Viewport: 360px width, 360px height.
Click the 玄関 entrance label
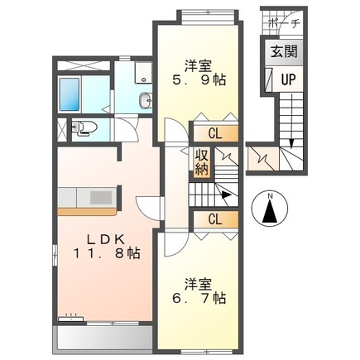coord(284,51)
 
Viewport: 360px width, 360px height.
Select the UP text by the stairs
coord(288,79)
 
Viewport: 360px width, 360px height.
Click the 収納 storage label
coord(201,162)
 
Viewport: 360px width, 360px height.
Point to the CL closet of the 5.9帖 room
coord(215,134)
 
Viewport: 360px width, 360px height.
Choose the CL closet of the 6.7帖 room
coord(215,219)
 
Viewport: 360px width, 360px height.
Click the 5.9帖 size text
coord(199,80)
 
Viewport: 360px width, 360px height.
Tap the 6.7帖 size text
coord(199,298)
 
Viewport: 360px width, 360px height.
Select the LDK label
coord(106,239)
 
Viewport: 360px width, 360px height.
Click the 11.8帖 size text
coord(107,253)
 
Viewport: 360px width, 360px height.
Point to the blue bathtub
coord(70,94)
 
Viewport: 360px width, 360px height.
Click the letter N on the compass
coord(271,196)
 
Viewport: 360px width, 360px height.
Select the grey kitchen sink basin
coord(101,198)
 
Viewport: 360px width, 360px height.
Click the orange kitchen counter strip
coord(87,212)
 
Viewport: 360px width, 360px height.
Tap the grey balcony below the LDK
coord(103,339)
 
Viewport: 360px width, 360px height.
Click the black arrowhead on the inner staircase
coord(227,194)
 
